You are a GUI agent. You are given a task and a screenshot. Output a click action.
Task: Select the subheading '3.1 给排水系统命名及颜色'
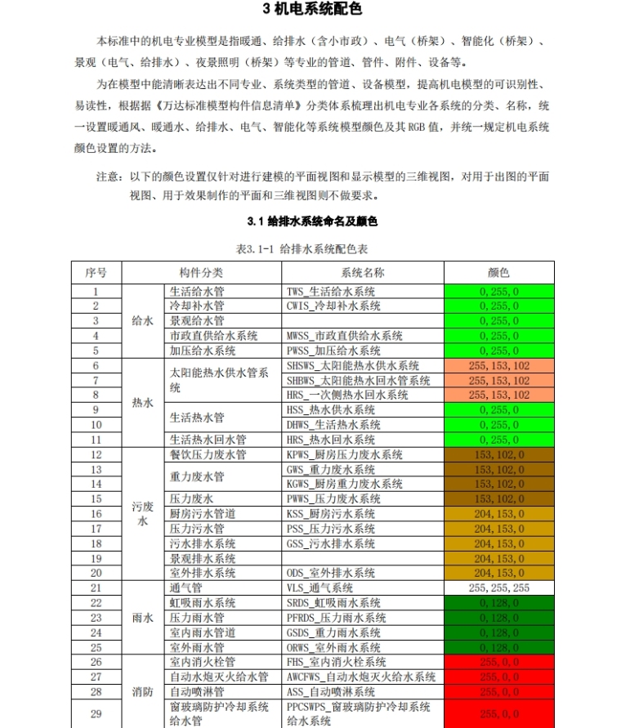click(312, 221)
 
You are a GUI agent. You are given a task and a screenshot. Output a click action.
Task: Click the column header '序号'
click(96, 273)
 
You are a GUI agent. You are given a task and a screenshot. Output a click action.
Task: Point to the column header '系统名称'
click(363, 273)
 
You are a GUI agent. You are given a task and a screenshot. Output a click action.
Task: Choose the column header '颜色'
click(498, 273)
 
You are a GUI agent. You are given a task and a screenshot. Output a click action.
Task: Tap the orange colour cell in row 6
click(498, 366)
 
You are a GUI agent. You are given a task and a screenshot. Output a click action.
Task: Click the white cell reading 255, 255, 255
click(498, 588)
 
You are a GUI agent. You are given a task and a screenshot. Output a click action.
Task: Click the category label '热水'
click(143, 403)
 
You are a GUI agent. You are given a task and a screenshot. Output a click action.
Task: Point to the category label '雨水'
click(143, 618)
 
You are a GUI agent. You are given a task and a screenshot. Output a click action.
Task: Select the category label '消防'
click(143, 692)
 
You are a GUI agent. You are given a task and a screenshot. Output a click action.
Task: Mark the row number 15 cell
click(96, 499)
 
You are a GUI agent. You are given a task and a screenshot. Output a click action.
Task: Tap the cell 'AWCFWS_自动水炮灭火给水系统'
click(361, 677)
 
